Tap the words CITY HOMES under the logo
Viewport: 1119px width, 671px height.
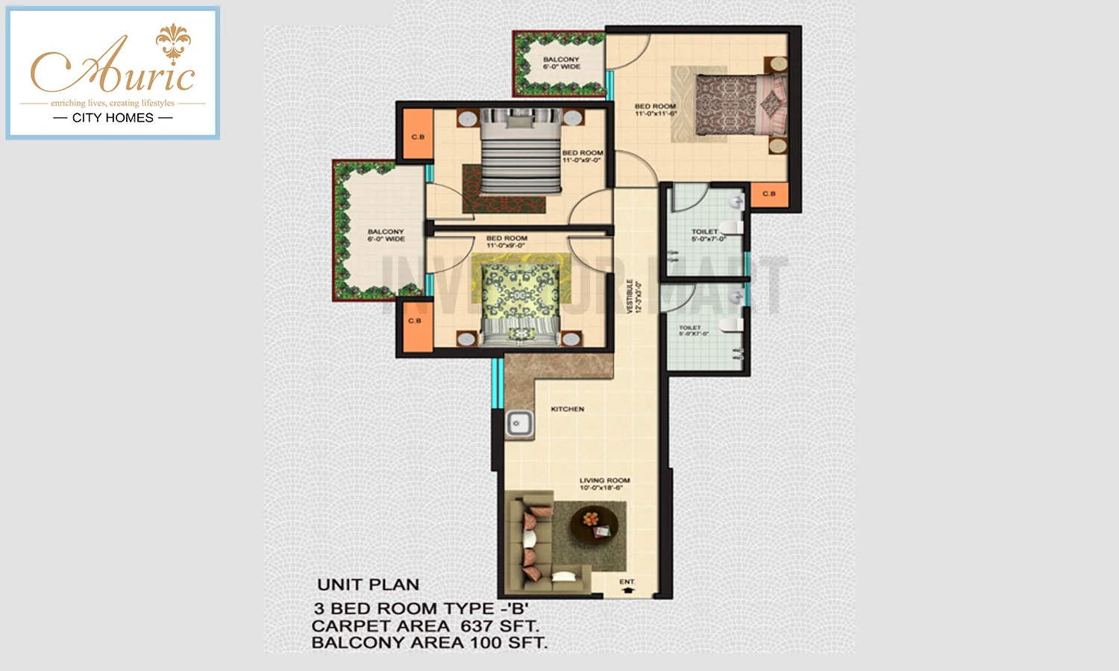[x=113, y=118]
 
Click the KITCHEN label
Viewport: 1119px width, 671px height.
[x=567, y=409]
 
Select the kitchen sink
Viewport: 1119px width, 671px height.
[x=518, y=423]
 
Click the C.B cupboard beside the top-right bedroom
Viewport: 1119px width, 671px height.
[x=768, y=194]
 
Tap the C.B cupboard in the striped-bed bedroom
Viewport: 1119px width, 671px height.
[x=417, y=136]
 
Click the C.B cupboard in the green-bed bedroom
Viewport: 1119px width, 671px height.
[x=415, y=321]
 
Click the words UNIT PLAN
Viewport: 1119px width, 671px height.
[x=368, y=585]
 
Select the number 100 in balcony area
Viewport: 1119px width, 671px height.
[x=486, y=643]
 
